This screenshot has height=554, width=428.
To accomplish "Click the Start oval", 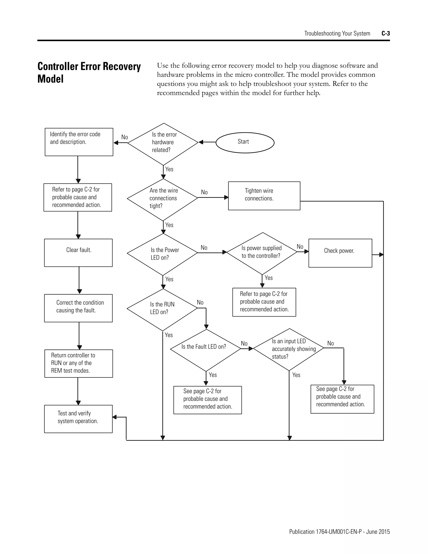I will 245,143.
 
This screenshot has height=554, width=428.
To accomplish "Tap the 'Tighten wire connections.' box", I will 264,196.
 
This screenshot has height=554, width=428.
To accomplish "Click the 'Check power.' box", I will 340,253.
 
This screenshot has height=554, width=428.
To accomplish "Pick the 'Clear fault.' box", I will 78,253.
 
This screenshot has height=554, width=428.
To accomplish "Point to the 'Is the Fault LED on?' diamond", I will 205,350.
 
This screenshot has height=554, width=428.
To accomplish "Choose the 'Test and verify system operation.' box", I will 78,419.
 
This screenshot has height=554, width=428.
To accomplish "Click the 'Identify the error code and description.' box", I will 79,142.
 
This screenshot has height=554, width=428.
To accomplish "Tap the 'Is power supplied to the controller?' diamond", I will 262,253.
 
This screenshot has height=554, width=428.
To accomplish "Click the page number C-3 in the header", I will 385,33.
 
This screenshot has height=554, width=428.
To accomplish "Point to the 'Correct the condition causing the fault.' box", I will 78,308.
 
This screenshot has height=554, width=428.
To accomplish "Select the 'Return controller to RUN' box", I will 79,363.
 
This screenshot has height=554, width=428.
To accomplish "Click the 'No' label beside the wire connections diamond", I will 204,192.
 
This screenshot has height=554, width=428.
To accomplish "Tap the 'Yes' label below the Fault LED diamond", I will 213,375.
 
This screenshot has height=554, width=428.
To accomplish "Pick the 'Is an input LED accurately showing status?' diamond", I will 289,350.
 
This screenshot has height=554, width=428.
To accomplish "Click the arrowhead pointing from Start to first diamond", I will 201,142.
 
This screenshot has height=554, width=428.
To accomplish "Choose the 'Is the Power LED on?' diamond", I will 162,254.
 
